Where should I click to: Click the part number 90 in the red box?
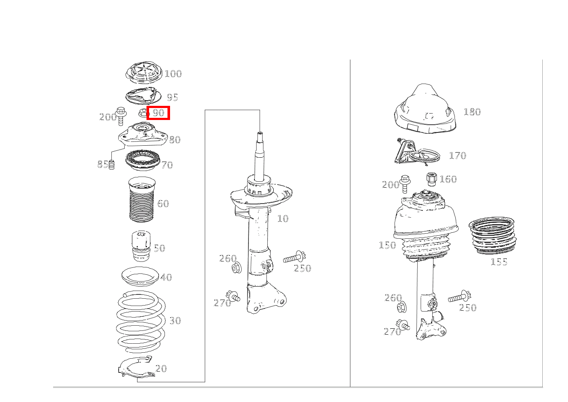click(x=158, y=113)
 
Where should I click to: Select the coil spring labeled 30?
click(x=141, y=321)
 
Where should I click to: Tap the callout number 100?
click(x=173, y=74)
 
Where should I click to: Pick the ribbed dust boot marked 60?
click(x=142, y=200)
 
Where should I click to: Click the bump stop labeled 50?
click(x=141, y=246)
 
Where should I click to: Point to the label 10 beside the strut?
click(x=283, y=219)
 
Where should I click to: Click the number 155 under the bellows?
click(x=499, y=262)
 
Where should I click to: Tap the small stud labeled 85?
click(x=111, y=165)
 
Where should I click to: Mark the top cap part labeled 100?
click(x=144, y=72)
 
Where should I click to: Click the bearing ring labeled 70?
click(x=143, y=160)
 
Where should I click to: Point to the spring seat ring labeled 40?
click(x=140, y=277)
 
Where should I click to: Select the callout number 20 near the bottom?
click(x=161, y=369)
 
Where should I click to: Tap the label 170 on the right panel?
click(x=457, y=156)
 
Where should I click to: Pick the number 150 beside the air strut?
click(x=387, y=245)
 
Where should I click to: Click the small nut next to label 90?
click(x=143, y=113)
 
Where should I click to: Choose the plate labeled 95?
click(x=143, y=96)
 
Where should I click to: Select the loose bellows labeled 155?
click(x=493, y=236)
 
